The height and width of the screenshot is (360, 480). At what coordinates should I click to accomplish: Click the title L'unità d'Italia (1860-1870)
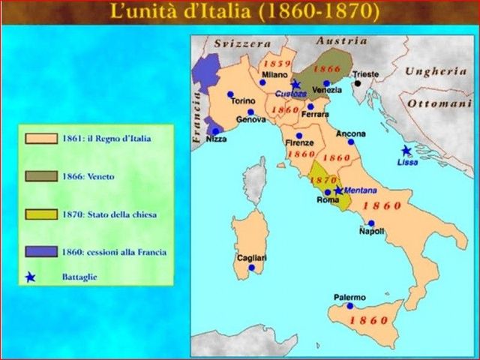click(244, 12)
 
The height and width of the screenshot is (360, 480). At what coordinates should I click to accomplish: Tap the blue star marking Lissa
click(406, 151)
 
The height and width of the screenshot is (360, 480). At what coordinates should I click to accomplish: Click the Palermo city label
click(349, 298)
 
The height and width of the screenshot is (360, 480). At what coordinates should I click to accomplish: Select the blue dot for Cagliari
click(251, 267)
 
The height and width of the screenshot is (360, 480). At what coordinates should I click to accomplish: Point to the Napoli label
click(371, 232)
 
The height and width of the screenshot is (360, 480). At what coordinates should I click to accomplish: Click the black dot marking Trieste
click(359, 83)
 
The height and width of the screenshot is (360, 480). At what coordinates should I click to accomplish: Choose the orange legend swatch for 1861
click(42, 139)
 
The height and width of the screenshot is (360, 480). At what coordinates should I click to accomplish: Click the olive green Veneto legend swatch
click(42, 176)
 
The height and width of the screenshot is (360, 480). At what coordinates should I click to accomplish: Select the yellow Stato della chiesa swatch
click(42, 214)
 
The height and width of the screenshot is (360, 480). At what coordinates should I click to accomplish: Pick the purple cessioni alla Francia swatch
click(42, 252)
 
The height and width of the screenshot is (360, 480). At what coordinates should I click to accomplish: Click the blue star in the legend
click(31, 277)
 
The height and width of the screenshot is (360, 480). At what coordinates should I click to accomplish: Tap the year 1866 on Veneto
click(327, 67)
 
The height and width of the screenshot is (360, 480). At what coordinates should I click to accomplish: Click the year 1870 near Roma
click(323, 181)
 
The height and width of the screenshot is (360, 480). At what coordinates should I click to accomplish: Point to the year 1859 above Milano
click(277, 64)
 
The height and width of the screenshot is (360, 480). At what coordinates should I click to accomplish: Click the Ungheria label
click(436, 72)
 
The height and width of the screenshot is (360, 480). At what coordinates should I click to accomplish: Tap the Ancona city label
click(351, 133)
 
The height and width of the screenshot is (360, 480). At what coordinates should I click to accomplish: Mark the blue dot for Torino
click(230, 94)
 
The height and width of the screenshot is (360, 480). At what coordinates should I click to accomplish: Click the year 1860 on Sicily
click(369, 320)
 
